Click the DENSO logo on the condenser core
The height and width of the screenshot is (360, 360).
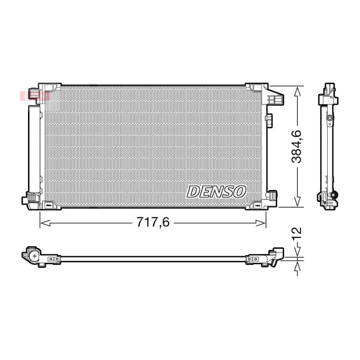click(x=216, y=192)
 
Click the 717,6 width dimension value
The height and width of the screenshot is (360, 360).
click(x=153, y=222)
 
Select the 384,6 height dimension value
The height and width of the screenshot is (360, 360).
click(x=296, y=146)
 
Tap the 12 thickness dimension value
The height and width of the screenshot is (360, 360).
click(x=297, y=234)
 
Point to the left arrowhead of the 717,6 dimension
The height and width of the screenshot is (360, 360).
click(x=45, y=223)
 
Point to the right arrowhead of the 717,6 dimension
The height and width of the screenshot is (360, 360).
click(x=261, y=223)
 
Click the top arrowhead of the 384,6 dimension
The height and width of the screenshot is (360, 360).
click(x=297, y=91)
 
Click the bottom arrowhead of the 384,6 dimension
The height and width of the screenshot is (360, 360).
click(x=297, y=201)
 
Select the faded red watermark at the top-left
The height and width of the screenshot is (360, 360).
click(x=34, y=96)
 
